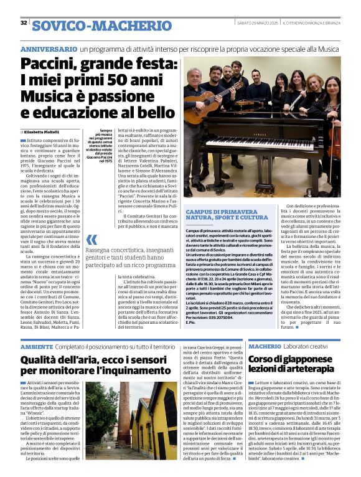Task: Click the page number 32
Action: (24, 23)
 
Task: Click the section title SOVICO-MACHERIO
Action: (102, 25)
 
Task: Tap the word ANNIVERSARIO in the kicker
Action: (49, 49)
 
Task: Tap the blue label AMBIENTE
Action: (37, 346)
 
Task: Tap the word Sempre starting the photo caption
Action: (110, 131)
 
